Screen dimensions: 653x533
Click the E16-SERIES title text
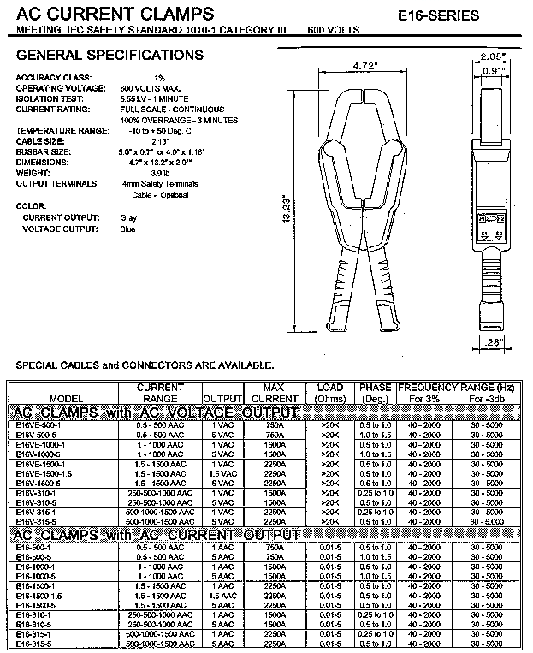[x=463, y=15]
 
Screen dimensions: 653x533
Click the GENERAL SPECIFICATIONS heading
[x=110, y=56]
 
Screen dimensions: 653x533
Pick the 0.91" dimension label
[x=492, y=72]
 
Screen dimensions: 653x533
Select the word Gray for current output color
[x=128, y=217]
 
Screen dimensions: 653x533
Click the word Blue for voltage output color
[x=128, y=229]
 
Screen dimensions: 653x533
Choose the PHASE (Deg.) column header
[x=375, y=393]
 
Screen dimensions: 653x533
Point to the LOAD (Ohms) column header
[x=329, y=393]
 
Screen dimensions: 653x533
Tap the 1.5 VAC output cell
[x=223, y=473]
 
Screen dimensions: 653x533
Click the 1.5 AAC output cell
[x=223, y=595]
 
